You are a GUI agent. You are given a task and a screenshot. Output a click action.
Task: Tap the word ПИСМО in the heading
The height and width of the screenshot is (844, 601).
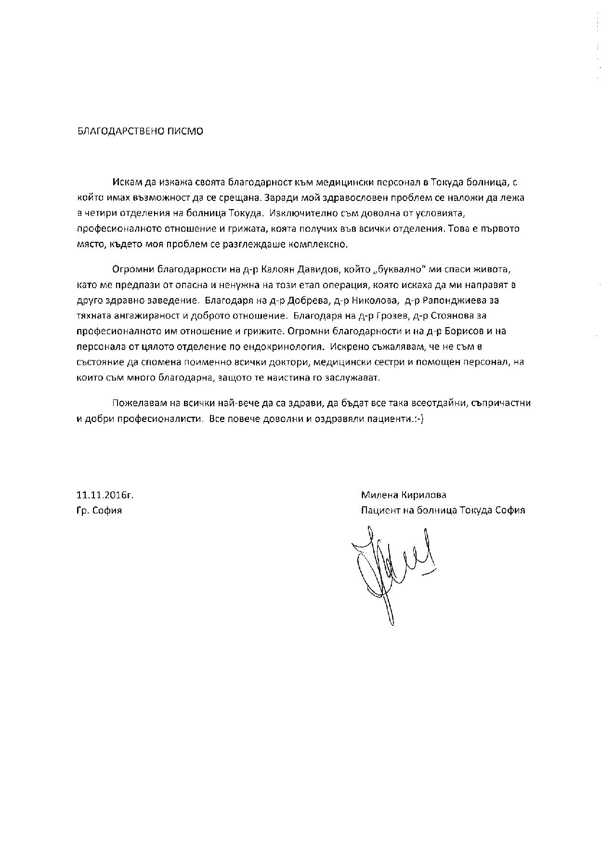tap(186, 132)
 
